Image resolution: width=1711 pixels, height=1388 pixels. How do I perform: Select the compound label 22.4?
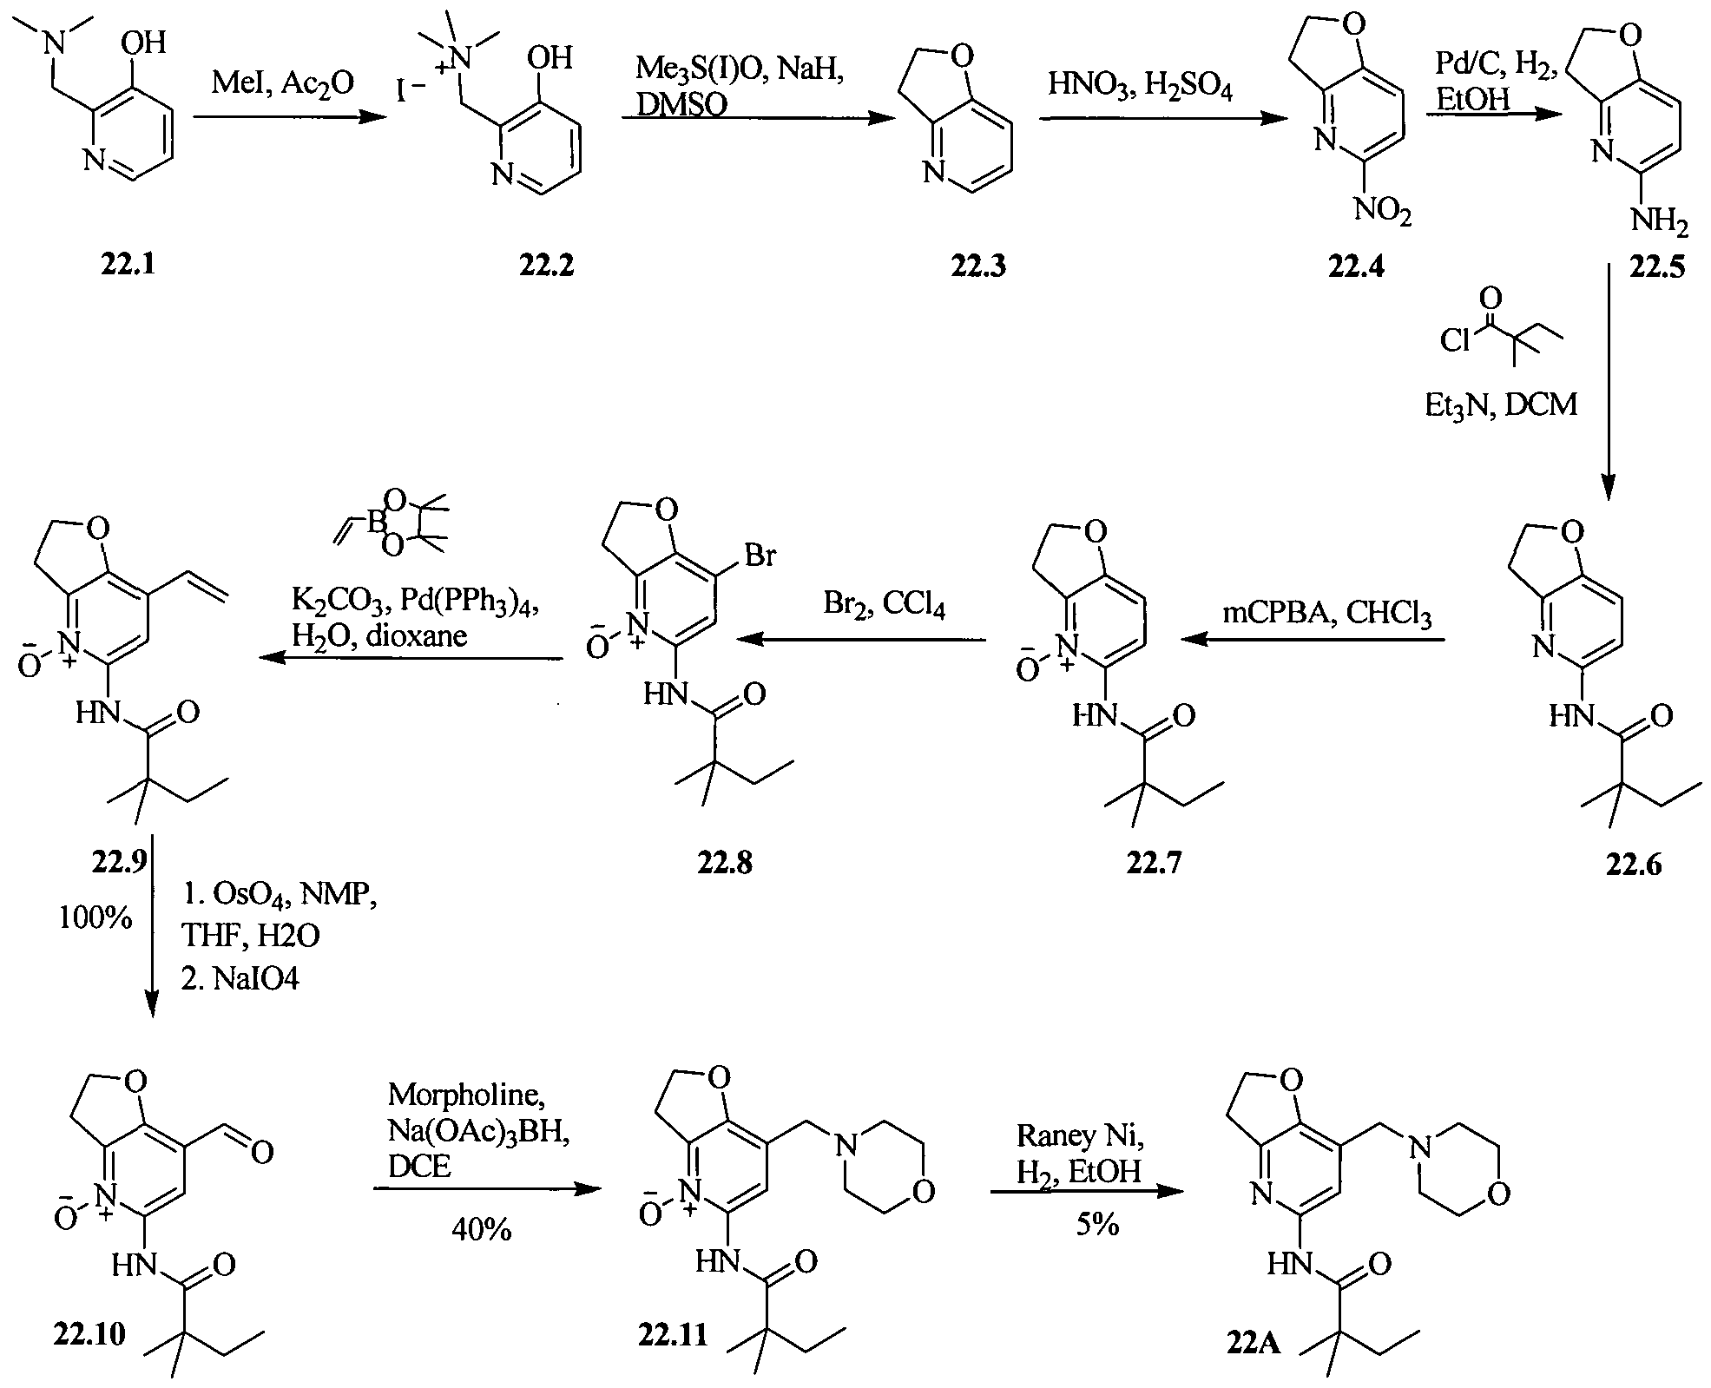(x=1356, y=266)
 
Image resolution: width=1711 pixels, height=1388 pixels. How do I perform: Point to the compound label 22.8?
(x=725, y=862)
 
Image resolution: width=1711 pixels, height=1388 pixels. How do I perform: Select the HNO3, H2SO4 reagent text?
(x=1140, y=86)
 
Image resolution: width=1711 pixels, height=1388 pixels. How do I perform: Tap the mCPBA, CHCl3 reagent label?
(x=1327, y=614)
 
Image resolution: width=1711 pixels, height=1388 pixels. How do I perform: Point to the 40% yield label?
(x=482, y=1229)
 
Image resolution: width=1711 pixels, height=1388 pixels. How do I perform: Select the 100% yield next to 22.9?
(x=95, y=917)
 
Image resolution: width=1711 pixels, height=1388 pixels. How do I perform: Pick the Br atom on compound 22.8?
(x=760, y=555)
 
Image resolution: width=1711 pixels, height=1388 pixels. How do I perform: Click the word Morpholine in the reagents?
(x=467, y=1095)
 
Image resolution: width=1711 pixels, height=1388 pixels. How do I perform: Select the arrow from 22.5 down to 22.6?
(x=1606, y=382)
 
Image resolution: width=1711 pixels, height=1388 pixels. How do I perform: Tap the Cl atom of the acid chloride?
(x=1454, y=342)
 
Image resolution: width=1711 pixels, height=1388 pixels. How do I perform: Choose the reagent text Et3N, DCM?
(x=1501, y=405)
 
